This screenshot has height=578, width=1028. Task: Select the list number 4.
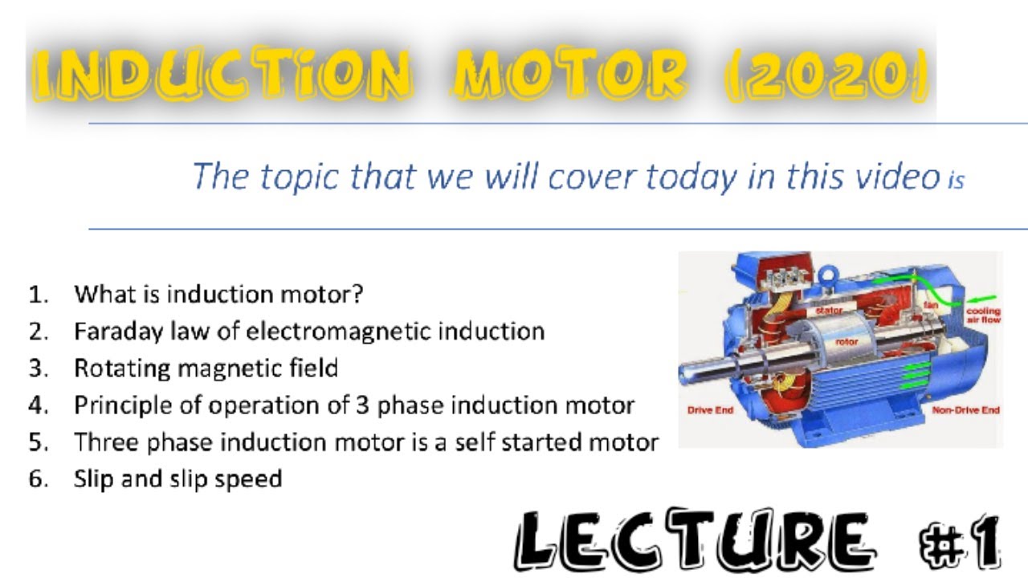[37, 405]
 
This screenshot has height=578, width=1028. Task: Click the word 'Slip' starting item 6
[94, 479]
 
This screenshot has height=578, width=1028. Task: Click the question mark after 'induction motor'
[357, 294]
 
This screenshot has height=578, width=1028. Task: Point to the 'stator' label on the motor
[828, 310]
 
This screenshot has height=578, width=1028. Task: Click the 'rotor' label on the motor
[846, 341]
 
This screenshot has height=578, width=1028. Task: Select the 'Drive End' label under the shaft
[710, 410]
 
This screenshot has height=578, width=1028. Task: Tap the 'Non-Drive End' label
[965, 410]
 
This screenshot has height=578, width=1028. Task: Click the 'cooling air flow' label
[982, 315]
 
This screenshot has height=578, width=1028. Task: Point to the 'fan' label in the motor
[930, 306]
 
